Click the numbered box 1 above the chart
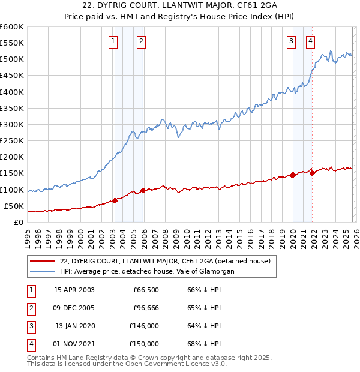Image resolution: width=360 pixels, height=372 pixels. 113,41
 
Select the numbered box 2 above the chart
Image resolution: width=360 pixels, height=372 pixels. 141,41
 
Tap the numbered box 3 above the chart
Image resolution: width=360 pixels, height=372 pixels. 291,41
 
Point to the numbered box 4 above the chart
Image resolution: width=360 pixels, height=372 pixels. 311,41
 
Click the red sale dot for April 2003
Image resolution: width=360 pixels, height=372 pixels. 115,200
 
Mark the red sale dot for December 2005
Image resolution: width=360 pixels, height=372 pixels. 143,191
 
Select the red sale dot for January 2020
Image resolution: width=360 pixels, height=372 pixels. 293,175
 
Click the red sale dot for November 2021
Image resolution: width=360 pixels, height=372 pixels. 312,173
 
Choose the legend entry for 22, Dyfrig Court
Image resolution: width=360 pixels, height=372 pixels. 165,261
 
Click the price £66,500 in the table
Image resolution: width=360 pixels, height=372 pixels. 146,290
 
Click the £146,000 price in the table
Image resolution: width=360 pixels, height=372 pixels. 144,326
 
